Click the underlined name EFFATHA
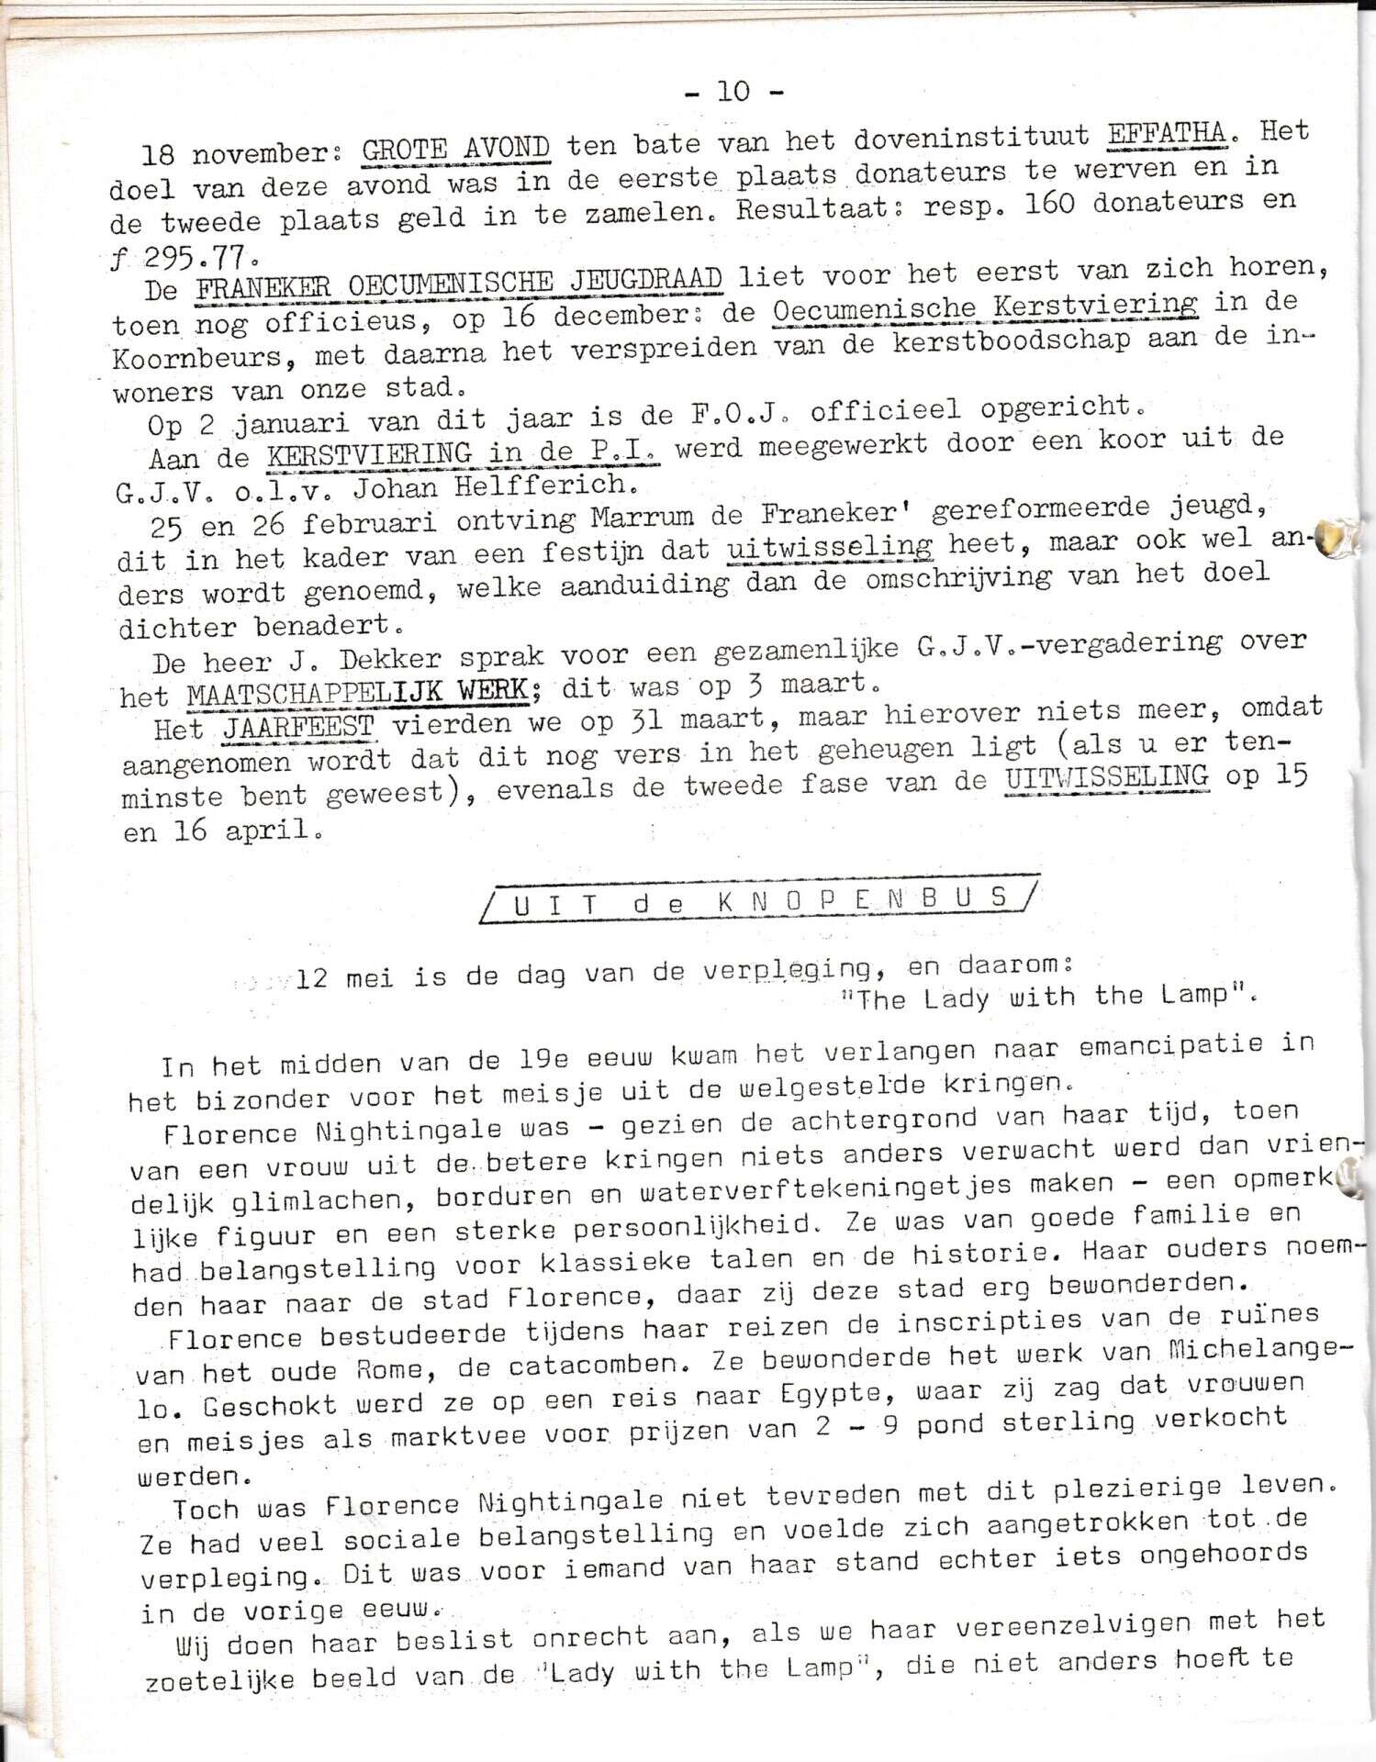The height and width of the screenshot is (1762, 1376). point(1166,135)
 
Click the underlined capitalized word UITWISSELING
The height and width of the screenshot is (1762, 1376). point(1106,776)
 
